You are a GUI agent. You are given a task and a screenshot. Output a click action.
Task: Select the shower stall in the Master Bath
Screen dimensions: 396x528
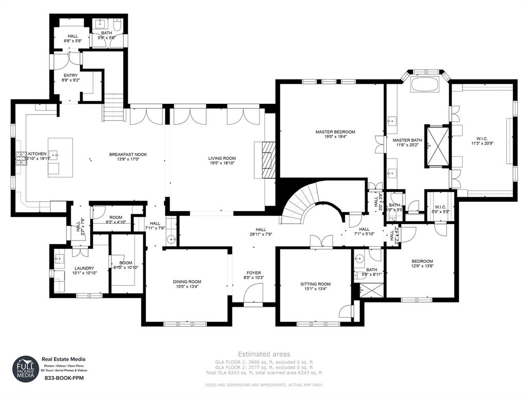click(436, 146)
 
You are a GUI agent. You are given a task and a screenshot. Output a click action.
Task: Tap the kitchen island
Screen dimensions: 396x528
click(60, 157)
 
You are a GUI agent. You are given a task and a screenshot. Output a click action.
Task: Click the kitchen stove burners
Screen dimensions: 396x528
click(21, 157)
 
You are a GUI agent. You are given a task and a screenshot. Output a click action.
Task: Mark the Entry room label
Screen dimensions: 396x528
click(71, 78)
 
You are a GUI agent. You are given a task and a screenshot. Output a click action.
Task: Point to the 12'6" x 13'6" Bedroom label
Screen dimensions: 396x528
click(422, 264)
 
